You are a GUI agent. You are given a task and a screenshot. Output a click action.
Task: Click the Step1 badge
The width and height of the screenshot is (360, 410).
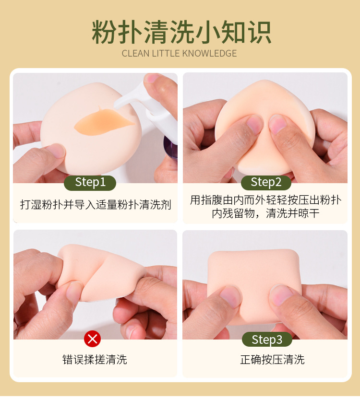click(90, 183)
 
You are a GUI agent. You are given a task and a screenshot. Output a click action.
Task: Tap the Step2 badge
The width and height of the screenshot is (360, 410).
click(266, 183)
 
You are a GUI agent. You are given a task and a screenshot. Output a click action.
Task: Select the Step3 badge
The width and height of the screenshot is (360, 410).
click(267, 340)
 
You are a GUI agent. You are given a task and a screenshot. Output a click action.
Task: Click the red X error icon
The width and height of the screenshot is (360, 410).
click(93, 339)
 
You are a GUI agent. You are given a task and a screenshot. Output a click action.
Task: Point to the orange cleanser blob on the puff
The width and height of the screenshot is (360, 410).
click(103, 122)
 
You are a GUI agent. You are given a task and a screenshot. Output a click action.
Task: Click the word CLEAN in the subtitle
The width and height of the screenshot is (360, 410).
click(135, 53)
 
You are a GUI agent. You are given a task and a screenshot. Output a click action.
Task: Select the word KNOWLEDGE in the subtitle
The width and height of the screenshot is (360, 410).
click(209, 53)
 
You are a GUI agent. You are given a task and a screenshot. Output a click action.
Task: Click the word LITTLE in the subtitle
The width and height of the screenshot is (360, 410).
click(166, 53)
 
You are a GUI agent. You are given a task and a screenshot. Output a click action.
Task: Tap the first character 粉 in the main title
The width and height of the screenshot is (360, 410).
click(104, 32)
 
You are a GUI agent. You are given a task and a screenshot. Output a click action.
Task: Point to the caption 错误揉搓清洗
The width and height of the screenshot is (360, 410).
click(95, 360)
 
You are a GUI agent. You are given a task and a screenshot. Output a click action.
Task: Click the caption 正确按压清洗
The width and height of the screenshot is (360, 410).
click(272, 360)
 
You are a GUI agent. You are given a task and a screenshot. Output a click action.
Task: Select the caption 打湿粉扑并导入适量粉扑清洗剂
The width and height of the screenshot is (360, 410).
click(96, 204)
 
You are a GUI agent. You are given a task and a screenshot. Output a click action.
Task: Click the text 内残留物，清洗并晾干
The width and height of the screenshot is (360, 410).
click(265, 213)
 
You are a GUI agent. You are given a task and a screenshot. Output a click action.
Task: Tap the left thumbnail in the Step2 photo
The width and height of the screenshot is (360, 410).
click(254, 124)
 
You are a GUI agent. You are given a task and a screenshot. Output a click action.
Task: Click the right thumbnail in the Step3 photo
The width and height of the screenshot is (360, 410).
click(281, 295)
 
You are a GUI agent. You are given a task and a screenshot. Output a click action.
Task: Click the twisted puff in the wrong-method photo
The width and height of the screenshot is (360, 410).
click(101, 272)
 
